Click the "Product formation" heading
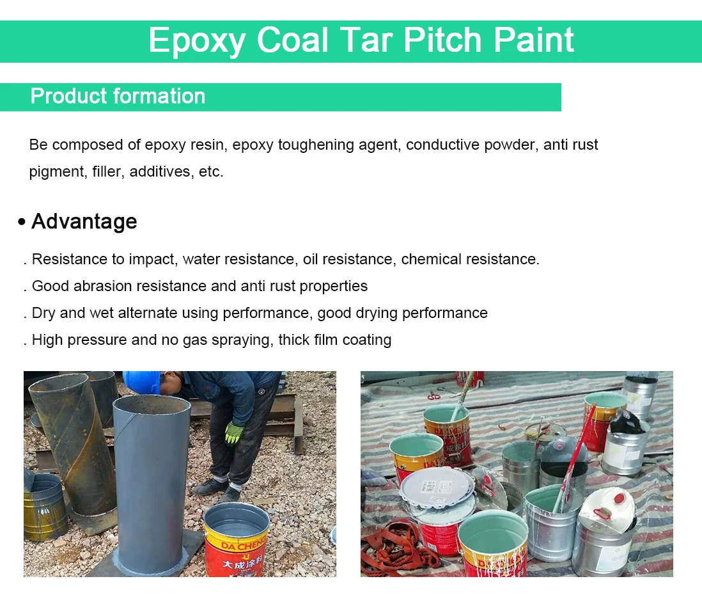[x=118, y=97]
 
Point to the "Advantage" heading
[x=84, y=221]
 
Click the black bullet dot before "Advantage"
[x=22, y=222]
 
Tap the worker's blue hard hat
[x=141, y=381]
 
